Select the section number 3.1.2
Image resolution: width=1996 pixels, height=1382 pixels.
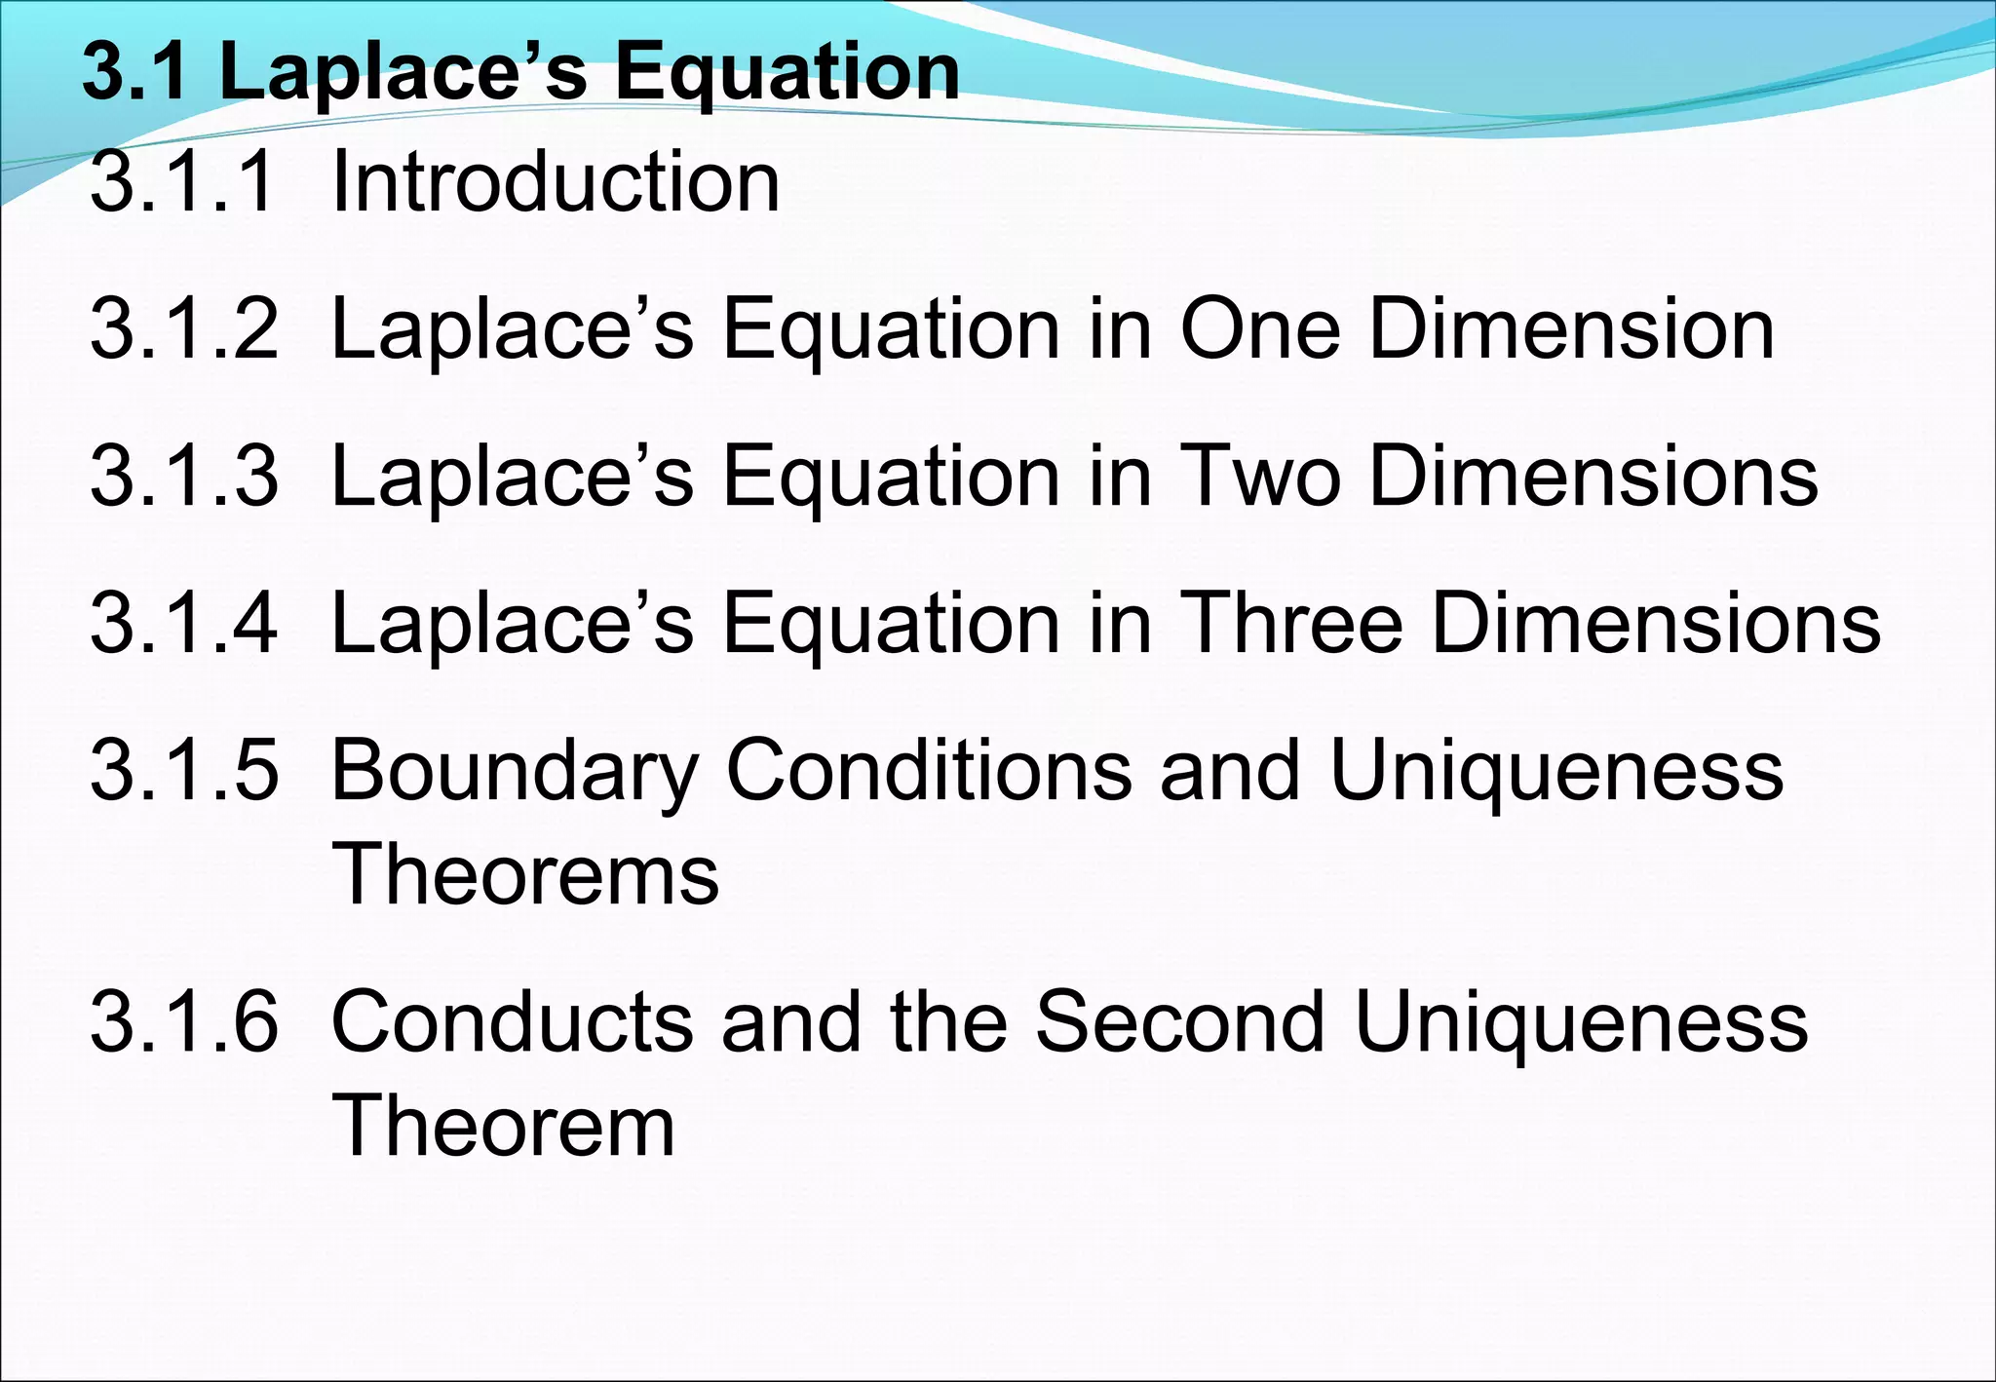point(183,329)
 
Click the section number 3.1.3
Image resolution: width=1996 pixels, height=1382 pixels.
point(183,476)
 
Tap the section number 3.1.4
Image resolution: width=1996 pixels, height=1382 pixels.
point(183,623)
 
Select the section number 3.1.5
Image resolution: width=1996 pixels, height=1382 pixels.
point(183,771)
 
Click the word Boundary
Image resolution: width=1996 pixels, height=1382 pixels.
point(516,771)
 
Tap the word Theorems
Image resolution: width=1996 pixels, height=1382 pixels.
point(525,874)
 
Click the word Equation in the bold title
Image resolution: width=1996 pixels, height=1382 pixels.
point(787,72)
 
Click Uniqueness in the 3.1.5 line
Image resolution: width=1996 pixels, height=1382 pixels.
point(1556,771)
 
